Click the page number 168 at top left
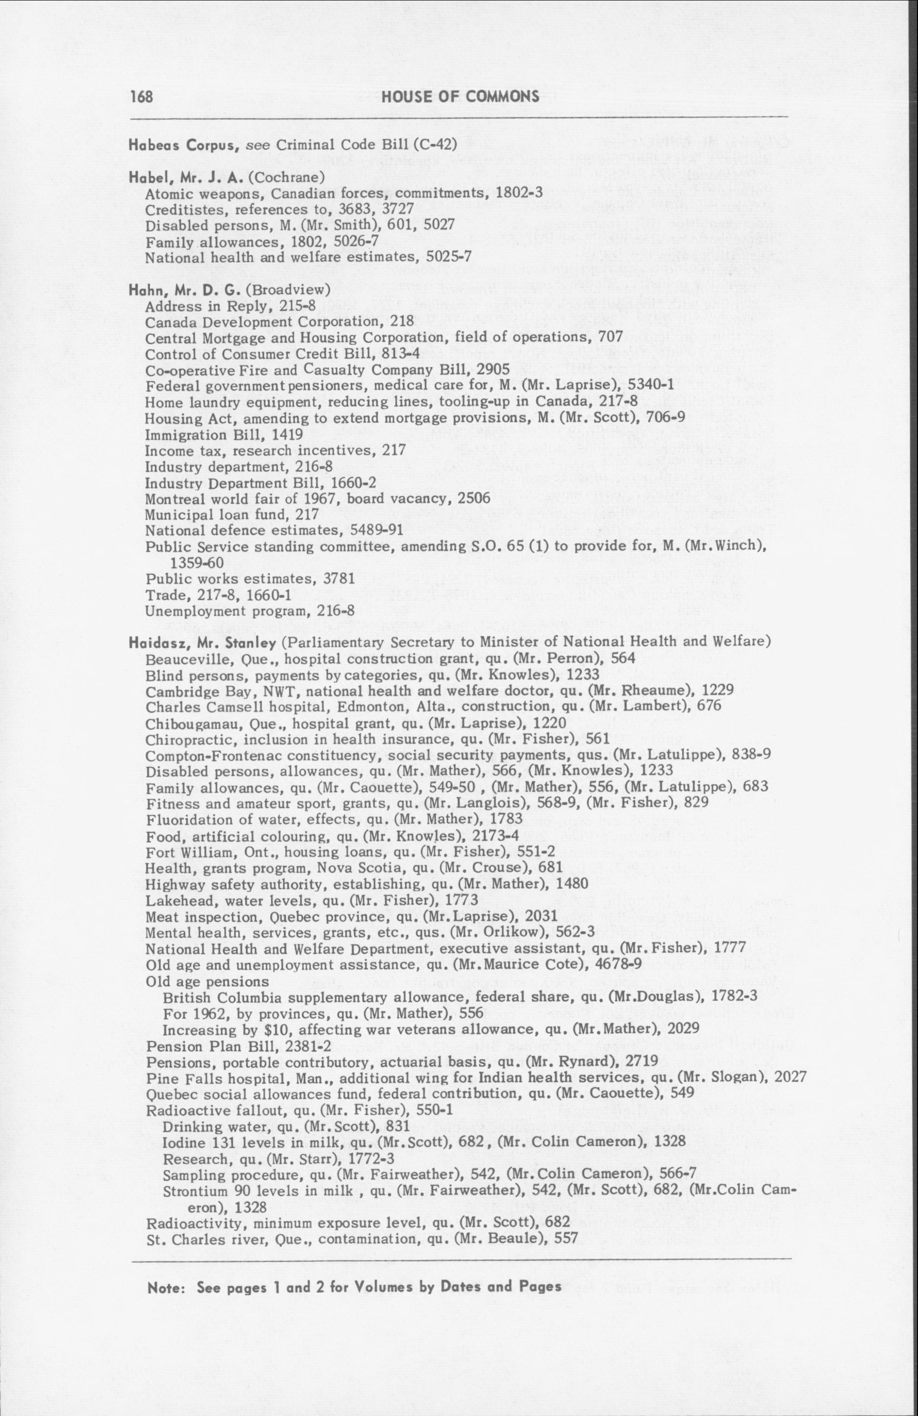tap(141, 96)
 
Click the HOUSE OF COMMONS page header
tap(460, 96)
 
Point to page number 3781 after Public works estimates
tap(338, 579)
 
